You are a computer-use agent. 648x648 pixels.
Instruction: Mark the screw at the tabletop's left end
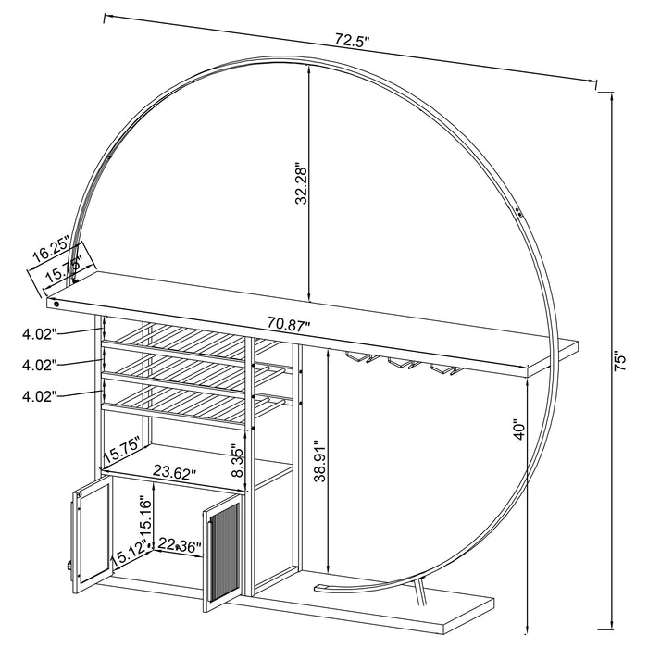(56, 303)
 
